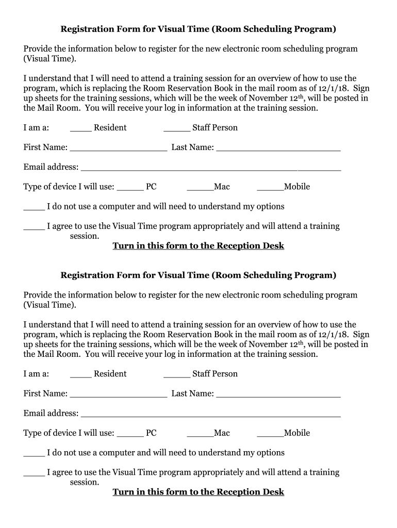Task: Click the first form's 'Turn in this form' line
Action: point(198,246)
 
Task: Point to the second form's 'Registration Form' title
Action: point(198,275)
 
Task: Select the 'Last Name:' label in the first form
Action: point(193,147)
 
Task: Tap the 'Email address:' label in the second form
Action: point(51,414)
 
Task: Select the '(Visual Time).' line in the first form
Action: point(49,59)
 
